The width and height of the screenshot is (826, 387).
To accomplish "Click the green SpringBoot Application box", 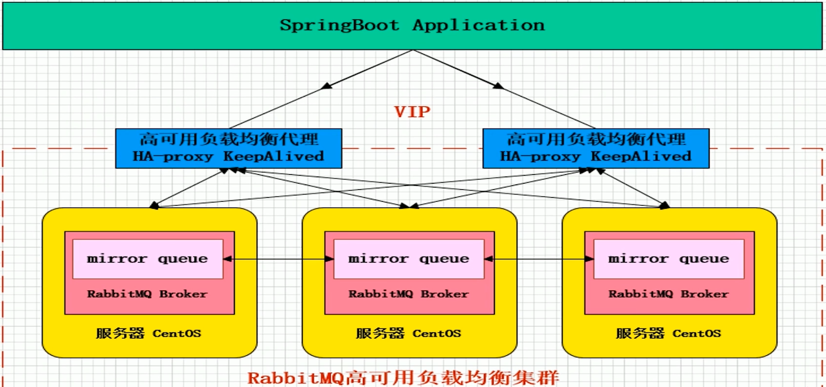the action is [x=412, y=26].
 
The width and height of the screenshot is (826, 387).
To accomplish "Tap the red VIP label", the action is [x=412, y=112].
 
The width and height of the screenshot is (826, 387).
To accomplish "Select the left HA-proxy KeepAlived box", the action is [x=228, y=148].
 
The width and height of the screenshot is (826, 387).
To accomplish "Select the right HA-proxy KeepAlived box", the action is [x=596, y=148].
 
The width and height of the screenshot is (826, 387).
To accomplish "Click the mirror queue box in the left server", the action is [x=148, y=259].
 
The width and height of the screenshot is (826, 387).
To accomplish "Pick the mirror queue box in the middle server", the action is [x=409, y=259].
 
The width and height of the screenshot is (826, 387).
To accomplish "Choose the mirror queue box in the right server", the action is [x=669, y=259].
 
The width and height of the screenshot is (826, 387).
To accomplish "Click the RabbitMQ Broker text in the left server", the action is [x=147, y=294].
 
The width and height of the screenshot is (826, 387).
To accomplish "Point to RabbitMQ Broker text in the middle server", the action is [x=408, y=294].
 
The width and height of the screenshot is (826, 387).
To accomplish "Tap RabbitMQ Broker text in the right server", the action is [x=669, y=294].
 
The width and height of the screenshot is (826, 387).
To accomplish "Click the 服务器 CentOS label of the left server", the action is [x=149, y=333].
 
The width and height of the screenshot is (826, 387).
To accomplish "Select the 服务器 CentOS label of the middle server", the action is [x=408, y=333].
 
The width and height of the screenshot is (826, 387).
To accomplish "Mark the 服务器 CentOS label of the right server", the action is [x=669, y=333].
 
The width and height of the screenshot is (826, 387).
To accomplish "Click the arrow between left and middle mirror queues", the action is [x=279, y=259].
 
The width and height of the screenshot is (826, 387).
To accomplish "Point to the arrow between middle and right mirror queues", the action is [x=539, y=259].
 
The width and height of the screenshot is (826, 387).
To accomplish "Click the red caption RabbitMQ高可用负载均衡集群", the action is [x=403, y=378].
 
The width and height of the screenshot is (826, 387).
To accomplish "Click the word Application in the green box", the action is [x=479, y=25].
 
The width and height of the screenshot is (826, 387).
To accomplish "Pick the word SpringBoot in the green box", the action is [x=339, y=25].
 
